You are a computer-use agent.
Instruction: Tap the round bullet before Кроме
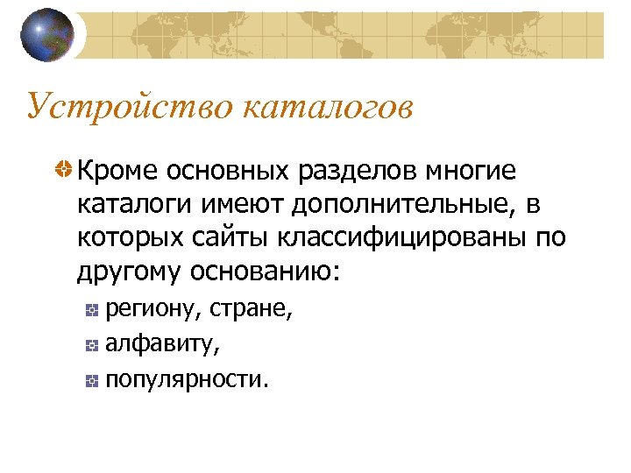64,168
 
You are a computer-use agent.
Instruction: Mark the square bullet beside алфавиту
92,346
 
